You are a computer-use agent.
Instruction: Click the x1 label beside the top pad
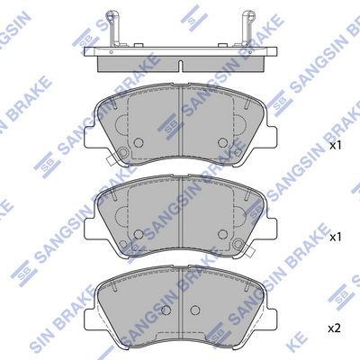point(335,144)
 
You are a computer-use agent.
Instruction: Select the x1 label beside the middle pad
point(335,237)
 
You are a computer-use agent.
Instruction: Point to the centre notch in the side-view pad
point(179,64)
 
